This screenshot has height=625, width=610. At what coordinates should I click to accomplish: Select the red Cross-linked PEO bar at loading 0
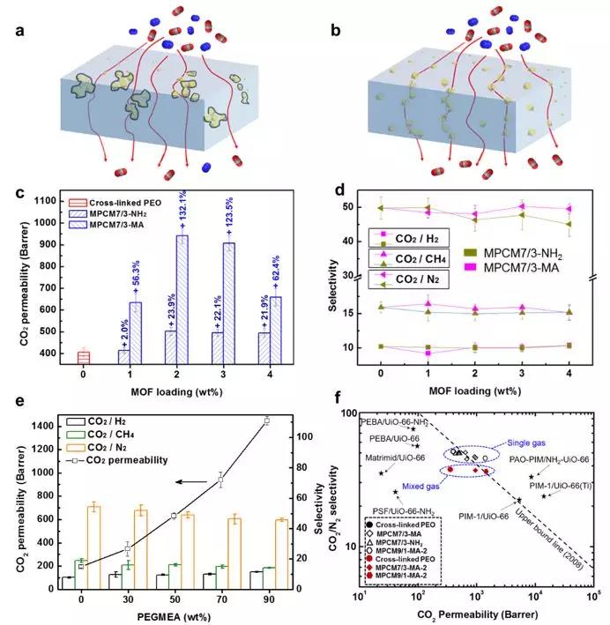tap(84, 356)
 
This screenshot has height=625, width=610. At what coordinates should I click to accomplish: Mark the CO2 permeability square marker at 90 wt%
tap(266, 420)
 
